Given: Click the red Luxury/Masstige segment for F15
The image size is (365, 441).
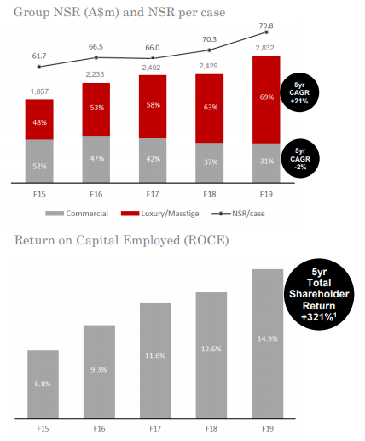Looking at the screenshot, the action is (39, 120).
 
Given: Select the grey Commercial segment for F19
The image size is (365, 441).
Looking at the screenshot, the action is (266, 162).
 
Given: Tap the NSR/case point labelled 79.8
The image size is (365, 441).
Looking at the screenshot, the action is (266, 32).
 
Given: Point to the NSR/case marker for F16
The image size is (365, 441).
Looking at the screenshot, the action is (96, 57).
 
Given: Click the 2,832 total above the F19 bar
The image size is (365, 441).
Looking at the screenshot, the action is (264, 48).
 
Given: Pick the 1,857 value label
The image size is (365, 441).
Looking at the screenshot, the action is (39, 91).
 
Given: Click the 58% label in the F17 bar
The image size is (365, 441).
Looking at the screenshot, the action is (154, 105).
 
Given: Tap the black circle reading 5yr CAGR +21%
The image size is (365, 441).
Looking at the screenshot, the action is (299, 92).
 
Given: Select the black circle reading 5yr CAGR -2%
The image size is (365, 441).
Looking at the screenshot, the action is (300, 158).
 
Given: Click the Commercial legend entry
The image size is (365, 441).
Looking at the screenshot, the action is (77, 214).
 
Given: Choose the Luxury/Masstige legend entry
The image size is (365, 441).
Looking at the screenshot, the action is (159, 214).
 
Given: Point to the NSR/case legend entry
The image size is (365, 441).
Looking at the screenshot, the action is (238, 214).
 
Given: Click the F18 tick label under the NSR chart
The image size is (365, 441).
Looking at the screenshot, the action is (210, 194).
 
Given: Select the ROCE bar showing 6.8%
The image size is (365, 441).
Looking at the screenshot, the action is (43, 385).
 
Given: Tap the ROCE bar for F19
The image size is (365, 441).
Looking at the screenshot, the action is (268, 344).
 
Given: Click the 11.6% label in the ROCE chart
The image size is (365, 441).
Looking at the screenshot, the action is (155, 356).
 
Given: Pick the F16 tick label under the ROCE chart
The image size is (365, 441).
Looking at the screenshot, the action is (99, 429).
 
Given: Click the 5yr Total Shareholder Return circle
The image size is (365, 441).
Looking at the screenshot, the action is (319, 294).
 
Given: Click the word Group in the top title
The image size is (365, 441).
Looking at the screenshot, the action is (32, 13).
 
